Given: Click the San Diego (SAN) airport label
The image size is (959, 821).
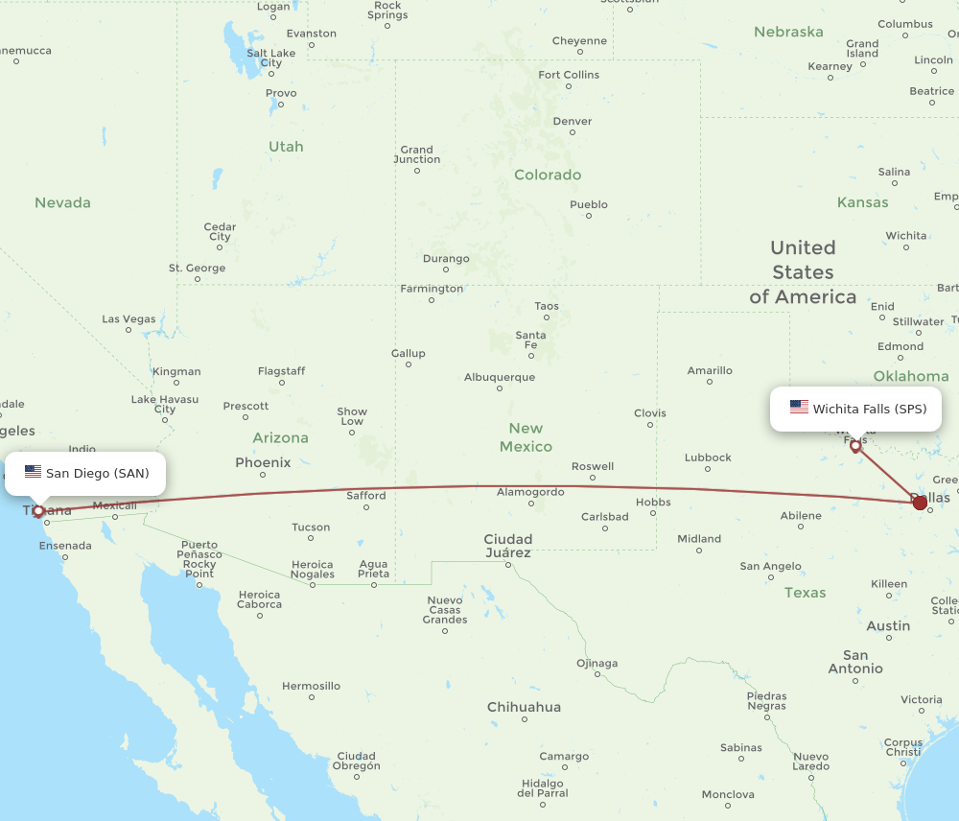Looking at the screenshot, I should [x=97, y=473].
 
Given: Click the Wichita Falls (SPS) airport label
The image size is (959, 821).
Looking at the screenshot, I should [x=869, y=409].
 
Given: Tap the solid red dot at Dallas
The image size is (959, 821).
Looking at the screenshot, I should [x=920, y=502].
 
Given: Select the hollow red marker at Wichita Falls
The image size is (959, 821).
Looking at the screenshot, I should [x=855, y=446].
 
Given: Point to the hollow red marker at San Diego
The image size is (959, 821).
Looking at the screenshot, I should [x=38, y=511].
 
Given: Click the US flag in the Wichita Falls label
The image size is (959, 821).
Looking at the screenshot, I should [x=799, y=408].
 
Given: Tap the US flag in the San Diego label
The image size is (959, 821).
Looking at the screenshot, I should [x=34, y=472].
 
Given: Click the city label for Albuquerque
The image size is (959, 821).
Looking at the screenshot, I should [x=500, y=377].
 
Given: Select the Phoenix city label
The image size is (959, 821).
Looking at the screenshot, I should [x=263, y=462].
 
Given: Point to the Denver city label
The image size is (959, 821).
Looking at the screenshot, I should [x=573, y=122].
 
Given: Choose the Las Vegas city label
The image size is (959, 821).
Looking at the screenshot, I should [x=129, y=319].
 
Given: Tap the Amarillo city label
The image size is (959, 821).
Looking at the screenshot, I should [x=710, y=370].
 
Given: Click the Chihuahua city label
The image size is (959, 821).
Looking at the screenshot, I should [x=524, y=707].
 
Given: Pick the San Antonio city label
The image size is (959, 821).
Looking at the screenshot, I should [x=855, y=662].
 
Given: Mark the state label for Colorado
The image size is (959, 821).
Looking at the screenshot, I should [x=548, y=175].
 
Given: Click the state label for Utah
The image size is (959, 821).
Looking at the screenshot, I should [x=286, y=147].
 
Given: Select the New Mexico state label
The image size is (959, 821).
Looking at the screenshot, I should [x=526, y=437].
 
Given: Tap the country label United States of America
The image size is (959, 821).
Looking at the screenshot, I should [x=803, y=272].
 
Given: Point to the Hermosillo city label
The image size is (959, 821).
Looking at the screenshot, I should [x=311, y=686].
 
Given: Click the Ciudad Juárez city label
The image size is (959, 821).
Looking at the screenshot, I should [x=508, y=545].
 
